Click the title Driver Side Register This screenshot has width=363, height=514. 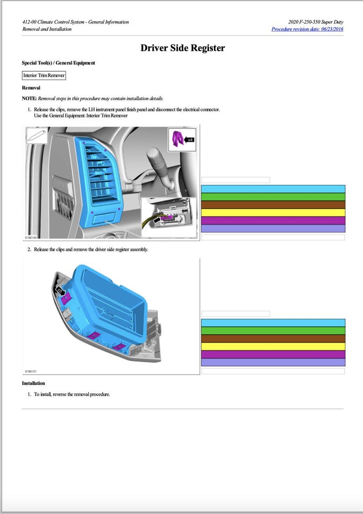pos(182,48)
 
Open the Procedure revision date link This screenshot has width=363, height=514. pos(307,29)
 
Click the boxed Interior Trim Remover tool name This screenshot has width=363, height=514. pos(44,75)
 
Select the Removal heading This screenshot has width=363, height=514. pos(31,88)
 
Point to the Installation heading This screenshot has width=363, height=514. pos(33,383)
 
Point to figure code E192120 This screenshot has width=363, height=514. pos(31,237)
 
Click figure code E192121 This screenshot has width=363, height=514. pos(31,372)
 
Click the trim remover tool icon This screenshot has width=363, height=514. pos(37,136)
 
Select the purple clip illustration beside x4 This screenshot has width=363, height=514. pos(177,139)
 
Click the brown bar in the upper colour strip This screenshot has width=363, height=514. pos(273,205)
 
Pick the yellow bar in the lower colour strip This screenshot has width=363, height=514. pos(273,346)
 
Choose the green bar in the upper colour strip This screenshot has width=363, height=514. pos(273,197)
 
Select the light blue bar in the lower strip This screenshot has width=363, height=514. pos(273,323)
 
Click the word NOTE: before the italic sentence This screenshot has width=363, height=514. pos(29,98)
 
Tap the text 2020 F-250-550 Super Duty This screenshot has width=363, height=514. pos(316,22)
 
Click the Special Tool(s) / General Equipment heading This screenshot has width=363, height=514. pos(59,63)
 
